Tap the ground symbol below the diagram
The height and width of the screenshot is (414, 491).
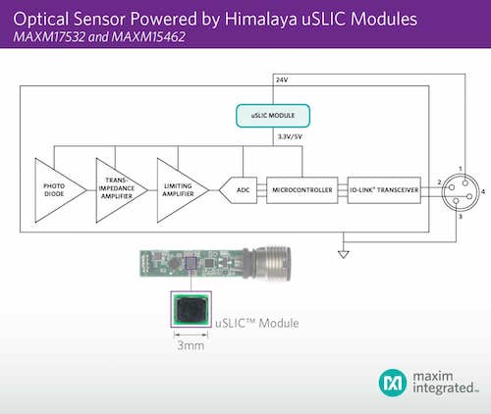click(343, 251)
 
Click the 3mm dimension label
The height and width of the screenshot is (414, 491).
click(185, 345)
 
